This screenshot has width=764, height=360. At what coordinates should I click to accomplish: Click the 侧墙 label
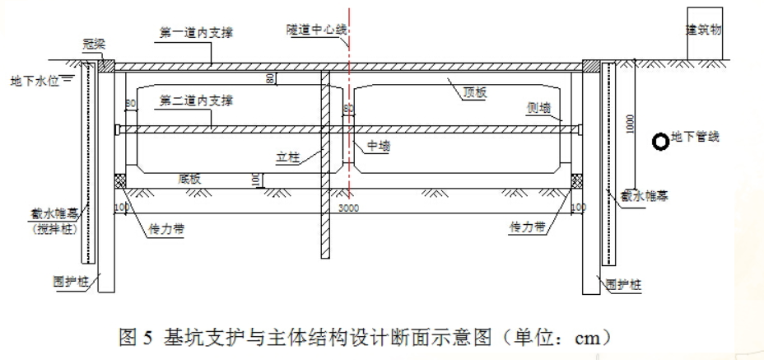[538, 108]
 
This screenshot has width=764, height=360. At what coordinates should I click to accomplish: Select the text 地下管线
[696, 137]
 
